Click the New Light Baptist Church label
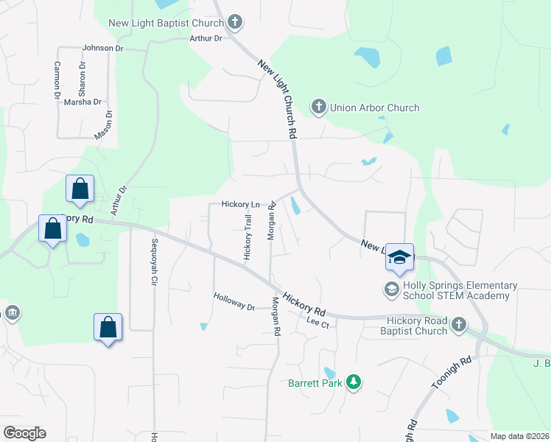tap(166, 23)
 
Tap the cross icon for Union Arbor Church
tap(319, 108)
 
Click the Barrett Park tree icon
tap(354, 382)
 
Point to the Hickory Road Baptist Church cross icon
tap(458, 324)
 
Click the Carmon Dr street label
tap(57, 80)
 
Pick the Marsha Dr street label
tap(83, 102)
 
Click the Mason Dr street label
tap(103, 125)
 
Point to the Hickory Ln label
tap(241, 204)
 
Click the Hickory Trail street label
tap(248, 236)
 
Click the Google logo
tap(24, 433)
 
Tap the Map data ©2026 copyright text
tap(519, 436)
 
